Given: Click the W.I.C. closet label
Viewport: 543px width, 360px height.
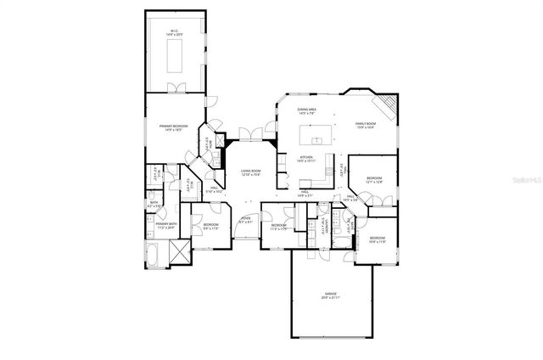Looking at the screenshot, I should [x=173, y=33].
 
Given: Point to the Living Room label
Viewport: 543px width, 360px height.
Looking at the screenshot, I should [x=250, y=173].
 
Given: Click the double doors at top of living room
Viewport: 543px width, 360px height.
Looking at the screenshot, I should [x=250, y=132].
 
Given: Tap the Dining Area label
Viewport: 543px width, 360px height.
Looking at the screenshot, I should [x=307, y=111].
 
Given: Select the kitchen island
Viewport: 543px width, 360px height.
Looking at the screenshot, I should [x=321, y=136].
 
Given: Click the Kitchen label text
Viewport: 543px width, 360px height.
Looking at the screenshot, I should [x=306, y=159].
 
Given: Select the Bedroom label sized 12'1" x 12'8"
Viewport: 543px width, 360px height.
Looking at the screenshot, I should [x=375, y=180].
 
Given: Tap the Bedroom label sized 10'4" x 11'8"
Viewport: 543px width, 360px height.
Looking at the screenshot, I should [x=377, y=240].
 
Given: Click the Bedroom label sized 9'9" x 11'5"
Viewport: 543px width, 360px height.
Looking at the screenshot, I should [x=210, y=227].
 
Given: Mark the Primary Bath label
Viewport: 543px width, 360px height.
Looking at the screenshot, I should [x=165, y=226].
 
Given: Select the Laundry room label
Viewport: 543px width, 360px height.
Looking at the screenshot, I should [x=324, y=225].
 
